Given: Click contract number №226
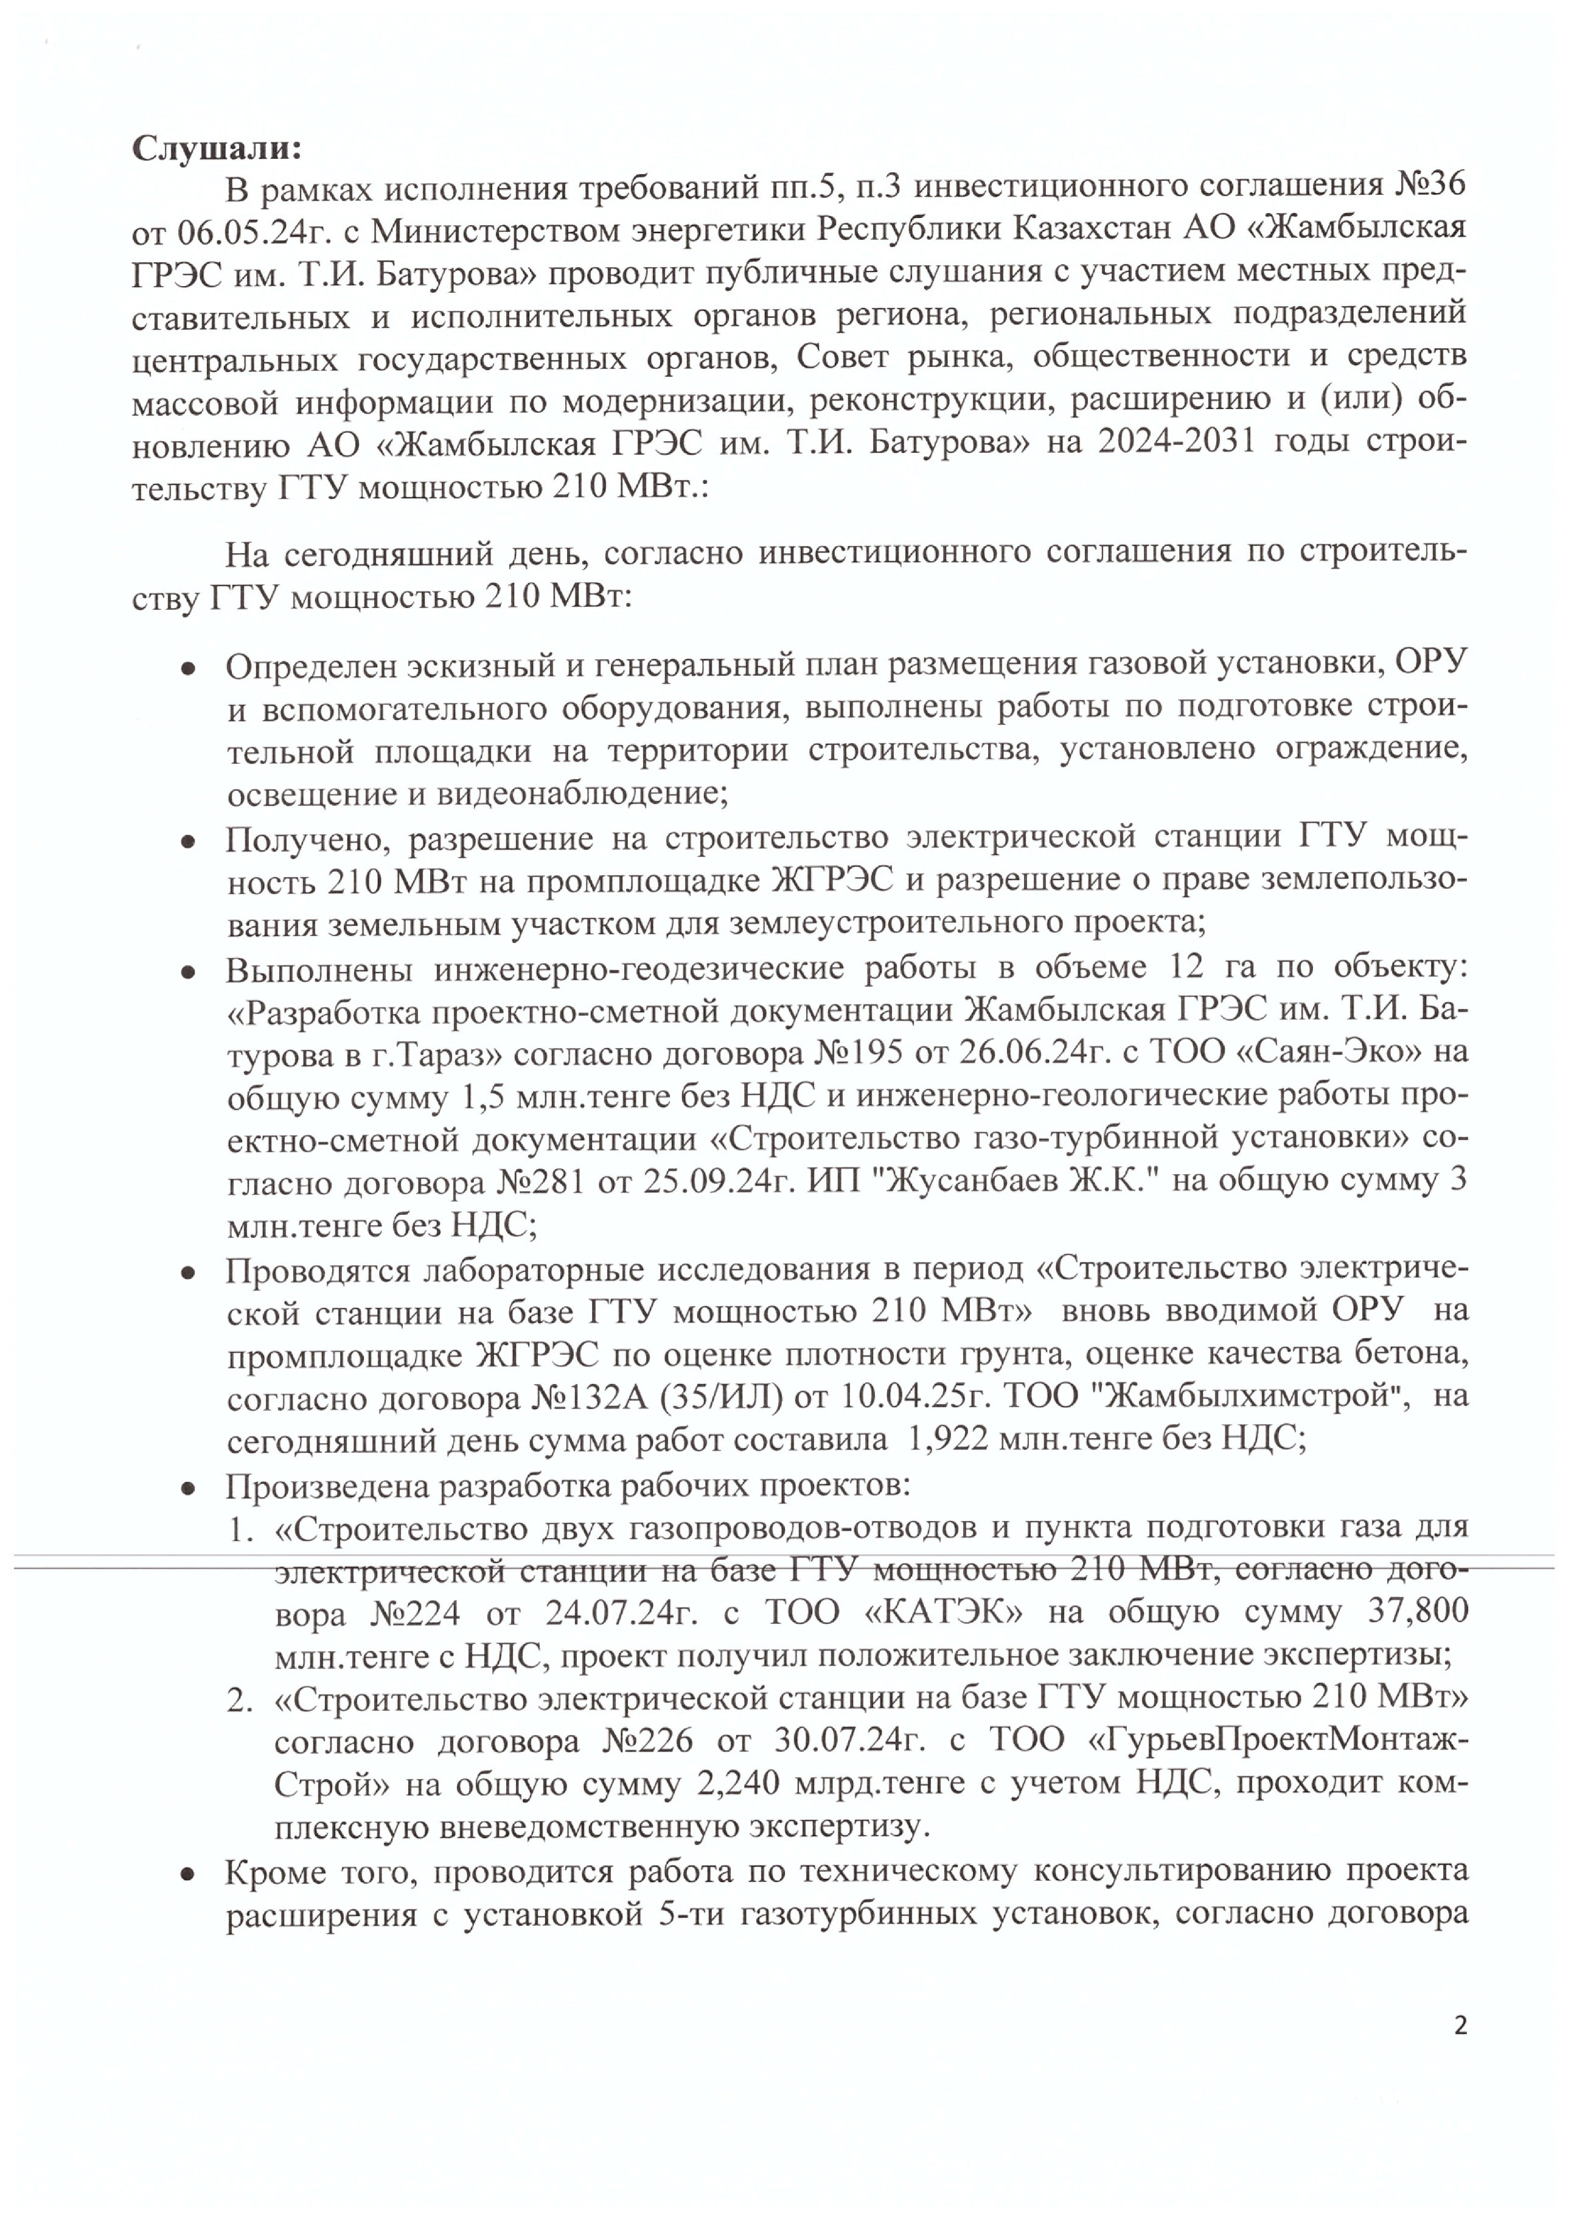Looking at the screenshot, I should coord(647,1741).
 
